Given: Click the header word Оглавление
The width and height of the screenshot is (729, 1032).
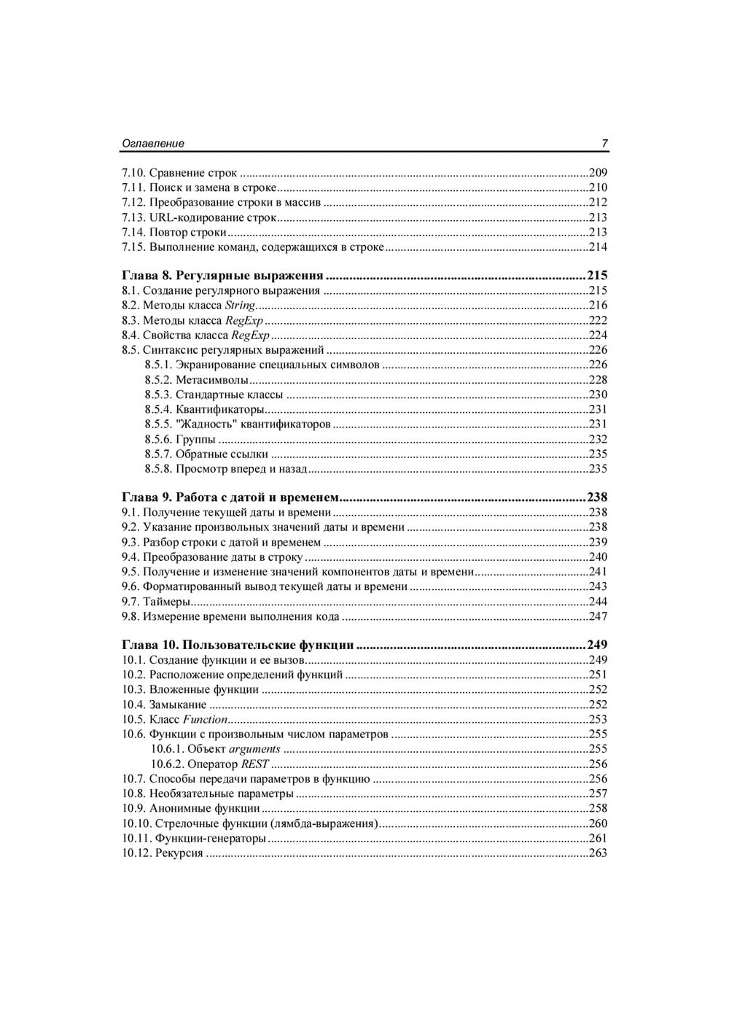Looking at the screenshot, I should click(x=152, y=144).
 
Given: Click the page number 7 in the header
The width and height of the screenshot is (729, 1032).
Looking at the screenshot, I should click(x=604, y=144).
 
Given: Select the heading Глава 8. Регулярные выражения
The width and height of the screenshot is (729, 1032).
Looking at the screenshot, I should click(x=222, y=276).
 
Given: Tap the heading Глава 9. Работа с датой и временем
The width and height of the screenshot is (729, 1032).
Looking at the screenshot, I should click(x=230, y=497).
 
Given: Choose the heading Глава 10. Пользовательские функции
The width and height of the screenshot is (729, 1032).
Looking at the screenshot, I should click(x=238, y=645).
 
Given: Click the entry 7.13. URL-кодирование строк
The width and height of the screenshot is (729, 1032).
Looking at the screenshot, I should click(x=199, y=217).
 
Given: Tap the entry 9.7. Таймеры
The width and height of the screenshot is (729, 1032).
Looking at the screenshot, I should click(x=156, y=602).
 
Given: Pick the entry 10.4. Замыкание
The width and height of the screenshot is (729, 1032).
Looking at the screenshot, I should click(x=164, y=705).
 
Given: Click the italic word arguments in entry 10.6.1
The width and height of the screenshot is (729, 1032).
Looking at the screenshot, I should click(x=254, y=749).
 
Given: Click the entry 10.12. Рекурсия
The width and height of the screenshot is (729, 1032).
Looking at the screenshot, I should click(x=163, y=853).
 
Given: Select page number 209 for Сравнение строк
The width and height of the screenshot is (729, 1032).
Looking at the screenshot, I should click(x=598, y=173).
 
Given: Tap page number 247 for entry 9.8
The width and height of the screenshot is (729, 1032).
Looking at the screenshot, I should click(x=598, y=617).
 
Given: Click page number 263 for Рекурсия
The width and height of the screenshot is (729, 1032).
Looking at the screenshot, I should click(x=598, y=853).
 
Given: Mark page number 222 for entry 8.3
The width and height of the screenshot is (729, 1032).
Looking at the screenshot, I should click(x=598, y=320).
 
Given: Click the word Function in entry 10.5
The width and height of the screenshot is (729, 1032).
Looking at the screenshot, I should click(x=205, y=719).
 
